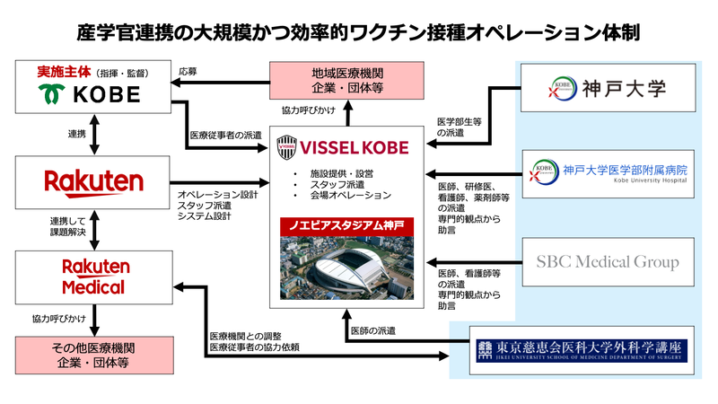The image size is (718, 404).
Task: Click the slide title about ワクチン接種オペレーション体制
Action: pos(359,33)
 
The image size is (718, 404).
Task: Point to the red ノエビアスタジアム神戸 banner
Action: pos(346,223)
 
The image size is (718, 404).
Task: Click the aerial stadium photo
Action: pos(346,266)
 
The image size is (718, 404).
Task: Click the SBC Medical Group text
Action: pos(609,262)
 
